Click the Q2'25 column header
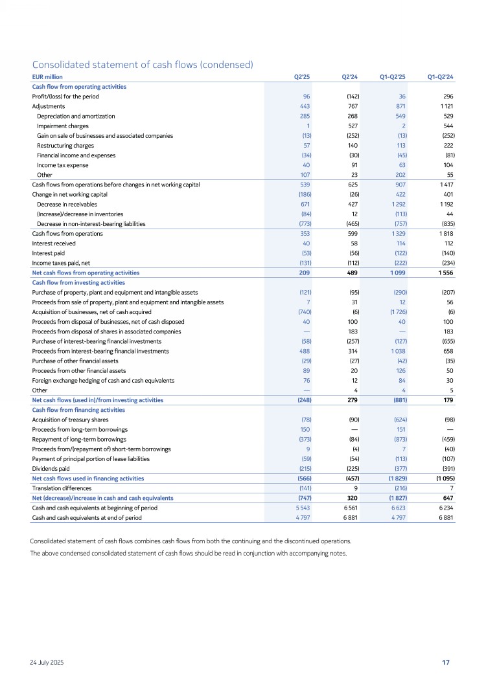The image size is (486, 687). click(x=302, y=77)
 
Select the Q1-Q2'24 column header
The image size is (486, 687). click(x=440, y=77)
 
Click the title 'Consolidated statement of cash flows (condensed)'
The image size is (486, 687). click(x=142, y=64)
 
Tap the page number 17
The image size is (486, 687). click(x=446, y=662)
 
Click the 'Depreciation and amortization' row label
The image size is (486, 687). click(x=76, y=116)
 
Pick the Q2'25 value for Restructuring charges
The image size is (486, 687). click(x=307, y=146)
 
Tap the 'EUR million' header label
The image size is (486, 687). click(x=47, y=77)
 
